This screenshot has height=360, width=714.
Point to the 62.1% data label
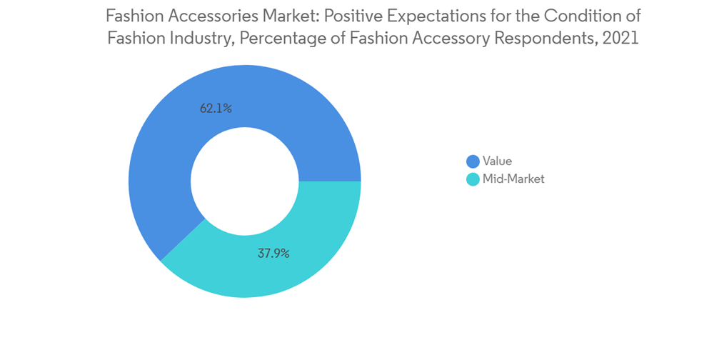216,109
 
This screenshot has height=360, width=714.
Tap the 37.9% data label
274,253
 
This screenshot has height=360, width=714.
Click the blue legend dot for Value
473,161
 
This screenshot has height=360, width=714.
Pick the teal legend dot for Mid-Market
473,179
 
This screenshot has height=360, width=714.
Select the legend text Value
497,161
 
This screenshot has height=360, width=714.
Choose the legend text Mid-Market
513,179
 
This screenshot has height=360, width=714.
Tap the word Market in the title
273,16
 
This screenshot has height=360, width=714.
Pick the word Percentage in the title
281,39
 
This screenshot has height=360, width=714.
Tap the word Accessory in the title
446,39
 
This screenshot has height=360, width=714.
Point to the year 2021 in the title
620,39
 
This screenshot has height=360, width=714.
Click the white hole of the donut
245,181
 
